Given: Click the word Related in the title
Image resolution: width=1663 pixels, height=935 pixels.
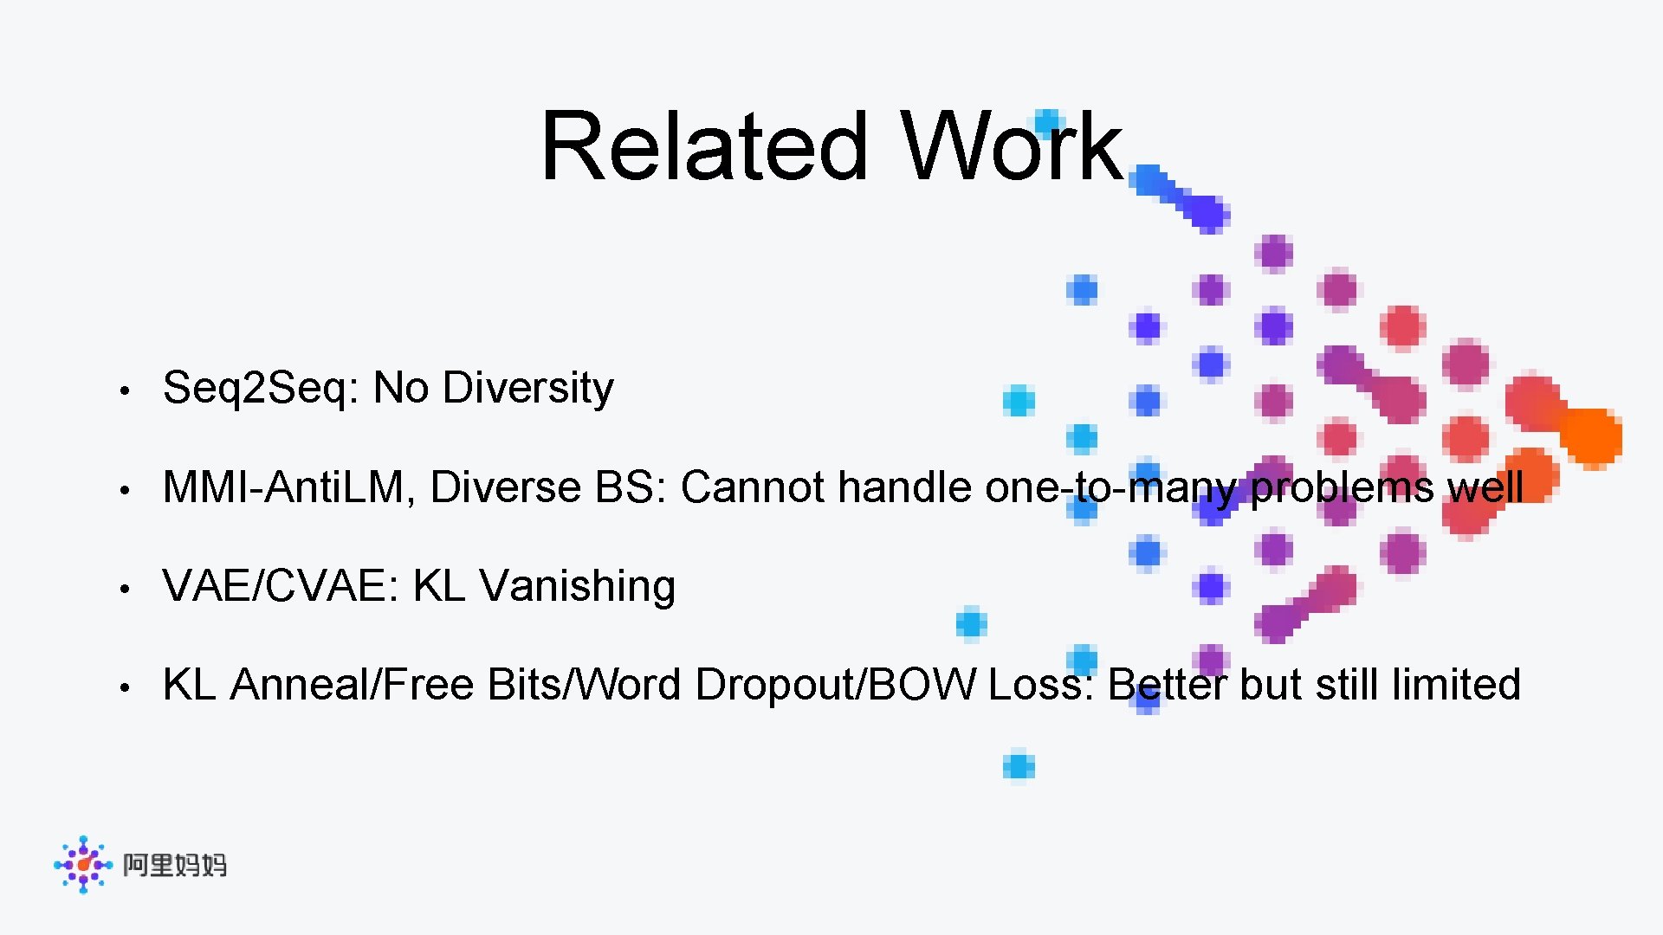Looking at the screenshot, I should pyautogui.click(x=703, y=147).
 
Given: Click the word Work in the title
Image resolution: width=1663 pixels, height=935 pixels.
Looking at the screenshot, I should pyautogui.click(x=1011, y=147).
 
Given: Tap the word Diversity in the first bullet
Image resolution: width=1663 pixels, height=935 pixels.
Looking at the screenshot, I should pyautogui.click(x=527, y=389).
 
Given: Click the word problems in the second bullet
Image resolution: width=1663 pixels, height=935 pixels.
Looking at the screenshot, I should pyautogui.click(x=1342, y=487).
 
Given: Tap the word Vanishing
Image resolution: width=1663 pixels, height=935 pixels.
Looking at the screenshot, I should pyautogui.click(x=577, y=586).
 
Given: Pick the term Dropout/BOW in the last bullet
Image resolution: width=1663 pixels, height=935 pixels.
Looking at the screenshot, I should pyautogui.click(x=836, y=685).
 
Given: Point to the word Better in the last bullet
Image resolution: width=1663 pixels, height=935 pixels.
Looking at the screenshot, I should pyautogui.click(x=1168, y=685).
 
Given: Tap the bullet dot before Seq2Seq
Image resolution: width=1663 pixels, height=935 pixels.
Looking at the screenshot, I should pyautogui.click(x=125, y=391).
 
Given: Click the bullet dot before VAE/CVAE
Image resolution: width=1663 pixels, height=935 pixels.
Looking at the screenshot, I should pyautogui.click(x=125, y=589).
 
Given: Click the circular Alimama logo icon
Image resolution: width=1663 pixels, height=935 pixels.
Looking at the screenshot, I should pyautogui.click(x=83, y=864).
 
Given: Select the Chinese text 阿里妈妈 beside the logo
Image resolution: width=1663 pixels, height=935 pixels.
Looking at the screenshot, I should pyautogui.click(x=175, y=865).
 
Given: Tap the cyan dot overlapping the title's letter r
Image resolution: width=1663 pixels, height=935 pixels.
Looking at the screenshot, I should pyautogui.click(x=1047, y=123).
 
